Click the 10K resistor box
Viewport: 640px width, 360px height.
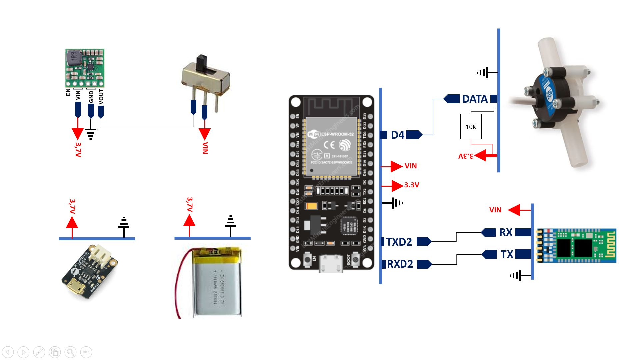click(471, 127)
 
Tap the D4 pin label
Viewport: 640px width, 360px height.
click(397, 135)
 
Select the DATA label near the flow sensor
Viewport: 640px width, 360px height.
click(475, 99)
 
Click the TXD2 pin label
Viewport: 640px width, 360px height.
click(399, 242)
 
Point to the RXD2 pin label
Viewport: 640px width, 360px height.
click(400, 264)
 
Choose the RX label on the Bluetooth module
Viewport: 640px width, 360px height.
click(506, 232)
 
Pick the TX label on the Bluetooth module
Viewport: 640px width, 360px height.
click(507, 254)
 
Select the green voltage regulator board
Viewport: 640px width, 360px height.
click(85, 68)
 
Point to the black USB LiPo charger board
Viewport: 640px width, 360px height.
click(89, 272)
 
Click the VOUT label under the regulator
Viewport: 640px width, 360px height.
click(101, 97)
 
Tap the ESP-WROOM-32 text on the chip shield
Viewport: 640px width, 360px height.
click(337, 134)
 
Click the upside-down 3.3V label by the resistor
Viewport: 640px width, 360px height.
click(466, 156)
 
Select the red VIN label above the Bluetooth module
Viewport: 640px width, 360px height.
click(495, 210)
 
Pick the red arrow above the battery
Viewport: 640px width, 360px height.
click(189, 221)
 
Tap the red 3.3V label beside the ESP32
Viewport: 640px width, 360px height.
click(412, 185)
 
